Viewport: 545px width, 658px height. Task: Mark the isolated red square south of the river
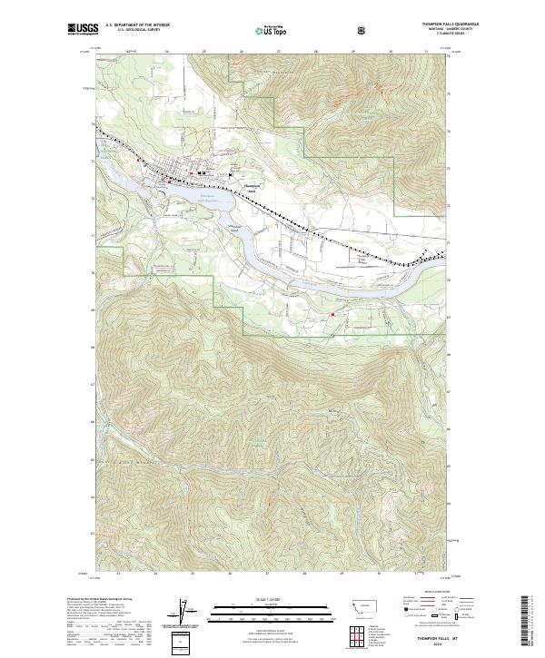click(x=332, y=315)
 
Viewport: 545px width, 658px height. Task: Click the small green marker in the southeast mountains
click(x=422, y=442)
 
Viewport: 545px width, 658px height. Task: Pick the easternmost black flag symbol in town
click(x=231, y=174)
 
